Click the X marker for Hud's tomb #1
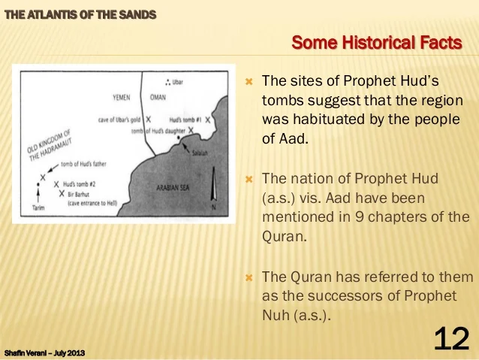(x=207, y=119)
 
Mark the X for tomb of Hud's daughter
(x=192, y=131)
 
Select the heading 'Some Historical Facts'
(x=376, y=43)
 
